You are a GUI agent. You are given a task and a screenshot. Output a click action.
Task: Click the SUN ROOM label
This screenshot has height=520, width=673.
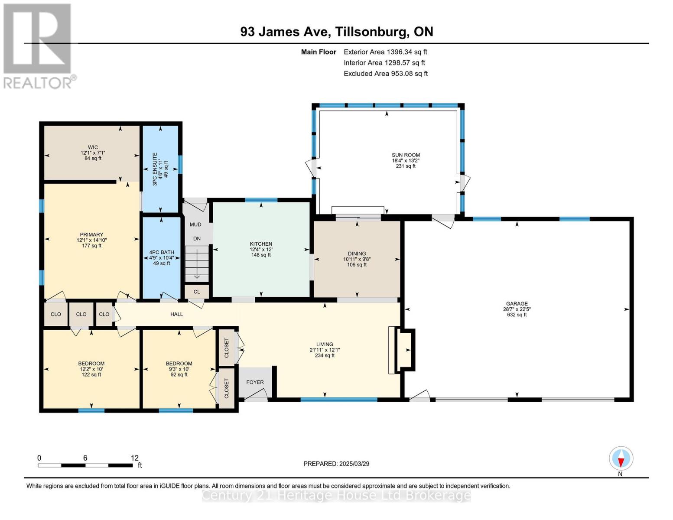406,155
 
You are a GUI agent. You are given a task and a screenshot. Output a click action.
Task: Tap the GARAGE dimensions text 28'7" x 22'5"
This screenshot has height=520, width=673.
517,309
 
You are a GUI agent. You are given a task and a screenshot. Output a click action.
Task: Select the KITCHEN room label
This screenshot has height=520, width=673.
261,244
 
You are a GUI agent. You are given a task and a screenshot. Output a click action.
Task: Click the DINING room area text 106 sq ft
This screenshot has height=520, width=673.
357,265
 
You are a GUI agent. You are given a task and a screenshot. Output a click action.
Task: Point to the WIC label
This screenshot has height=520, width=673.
92,147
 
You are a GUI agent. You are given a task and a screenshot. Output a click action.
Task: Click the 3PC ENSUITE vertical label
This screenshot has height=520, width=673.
155,169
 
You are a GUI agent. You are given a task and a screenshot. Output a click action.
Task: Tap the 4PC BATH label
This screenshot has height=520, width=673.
161,252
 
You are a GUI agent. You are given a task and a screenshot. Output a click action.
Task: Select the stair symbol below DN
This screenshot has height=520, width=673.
197,263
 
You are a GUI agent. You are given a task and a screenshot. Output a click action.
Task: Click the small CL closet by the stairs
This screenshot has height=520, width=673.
197,292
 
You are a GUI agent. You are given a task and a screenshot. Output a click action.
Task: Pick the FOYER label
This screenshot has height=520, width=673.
255,382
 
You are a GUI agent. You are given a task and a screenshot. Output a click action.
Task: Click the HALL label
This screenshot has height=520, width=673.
176,314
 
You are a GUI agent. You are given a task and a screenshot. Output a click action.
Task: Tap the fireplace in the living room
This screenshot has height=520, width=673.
402,350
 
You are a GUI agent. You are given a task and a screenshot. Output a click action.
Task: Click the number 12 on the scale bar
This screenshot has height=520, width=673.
134,458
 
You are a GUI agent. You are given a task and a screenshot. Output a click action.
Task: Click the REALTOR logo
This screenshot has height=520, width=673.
38,45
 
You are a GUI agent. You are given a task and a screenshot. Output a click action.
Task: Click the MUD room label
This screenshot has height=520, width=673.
195,224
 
